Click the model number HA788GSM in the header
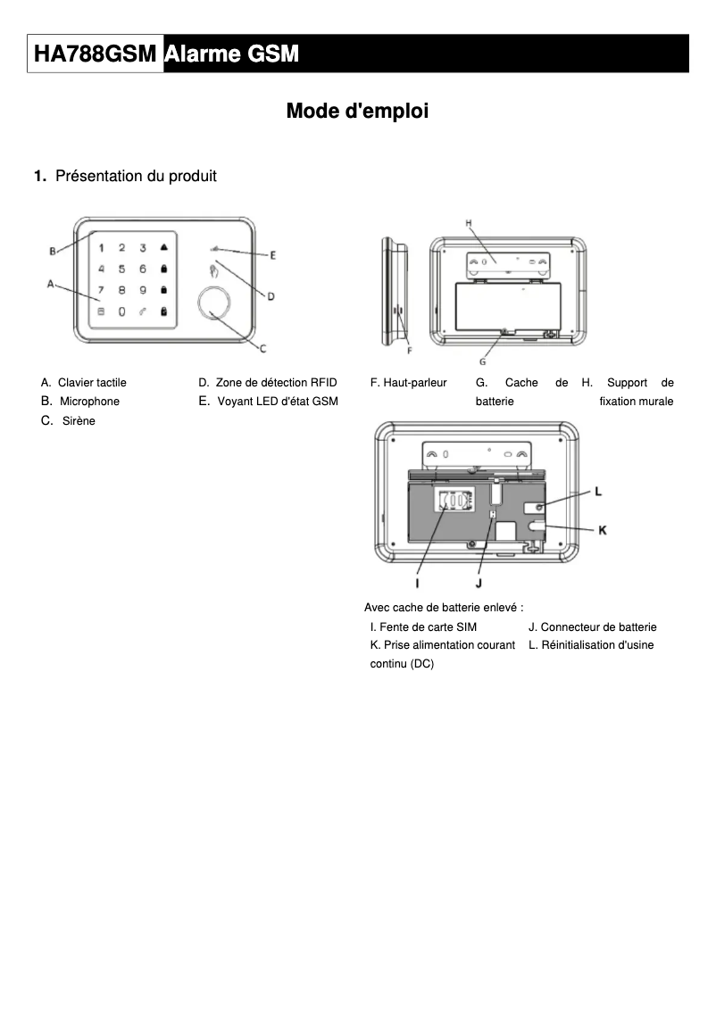(96, 55)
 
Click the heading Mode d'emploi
(357, 112)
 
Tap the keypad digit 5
(121, 269)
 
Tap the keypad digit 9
(143, 290)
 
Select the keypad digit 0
(121, 311)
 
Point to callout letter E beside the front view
(273, 255)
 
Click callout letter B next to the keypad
(53, 251)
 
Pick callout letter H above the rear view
(469, 222)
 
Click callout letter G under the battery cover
(482, 361)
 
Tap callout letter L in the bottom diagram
(598, 492)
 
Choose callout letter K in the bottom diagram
(602, 530)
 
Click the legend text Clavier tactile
(92, 383)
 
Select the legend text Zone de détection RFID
(276, 383)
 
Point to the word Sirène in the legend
(79, 420)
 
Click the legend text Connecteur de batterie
(598, 627)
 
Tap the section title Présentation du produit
(136, 176)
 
